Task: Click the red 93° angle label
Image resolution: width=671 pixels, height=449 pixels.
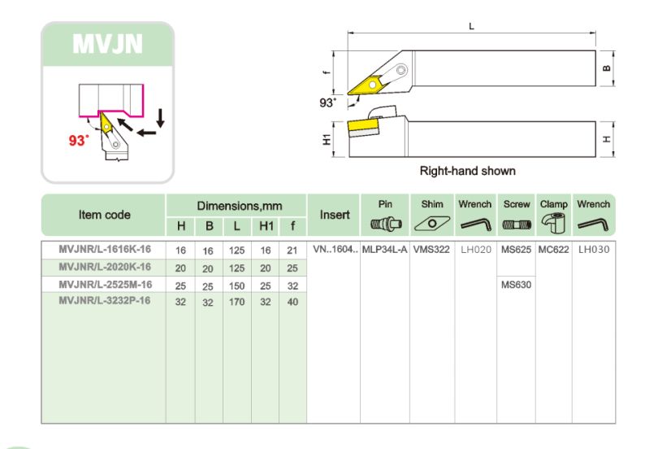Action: (x=79, y=140)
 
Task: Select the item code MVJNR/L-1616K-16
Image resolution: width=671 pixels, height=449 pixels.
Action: (x=105, y=250)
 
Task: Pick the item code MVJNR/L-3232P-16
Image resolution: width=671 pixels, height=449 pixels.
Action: (x=105, y=302)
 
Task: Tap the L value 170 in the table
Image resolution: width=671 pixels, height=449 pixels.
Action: (x=236, y=303)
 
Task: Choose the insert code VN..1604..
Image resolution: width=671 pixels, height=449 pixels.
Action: (x=335, y=250)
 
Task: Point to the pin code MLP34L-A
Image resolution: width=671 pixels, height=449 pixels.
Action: (x=385, y=250)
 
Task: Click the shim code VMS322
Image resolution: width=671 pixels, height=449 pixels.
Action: (x=431, y=250)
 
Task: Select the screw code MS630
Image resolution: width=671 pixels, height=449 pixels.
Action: (x=516, y=285)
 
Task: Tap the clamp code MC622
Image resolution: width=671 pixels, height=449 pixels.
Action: (x=553, y=250)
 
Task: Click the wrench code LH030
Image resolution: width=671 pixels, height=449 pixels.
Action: (x=593, y=250)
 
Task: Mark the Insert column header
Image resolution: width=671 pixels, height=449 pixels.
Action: (x=335, y=215)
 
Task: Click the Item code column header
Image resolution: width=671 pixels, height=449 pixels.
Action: (x=104, y=215)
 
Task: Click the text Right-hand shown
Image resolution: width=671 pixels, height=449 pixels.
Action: (x=467, y=171)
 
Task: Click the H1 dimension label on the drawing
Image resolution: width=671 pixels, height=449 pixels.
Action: (x=327, y=139)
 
